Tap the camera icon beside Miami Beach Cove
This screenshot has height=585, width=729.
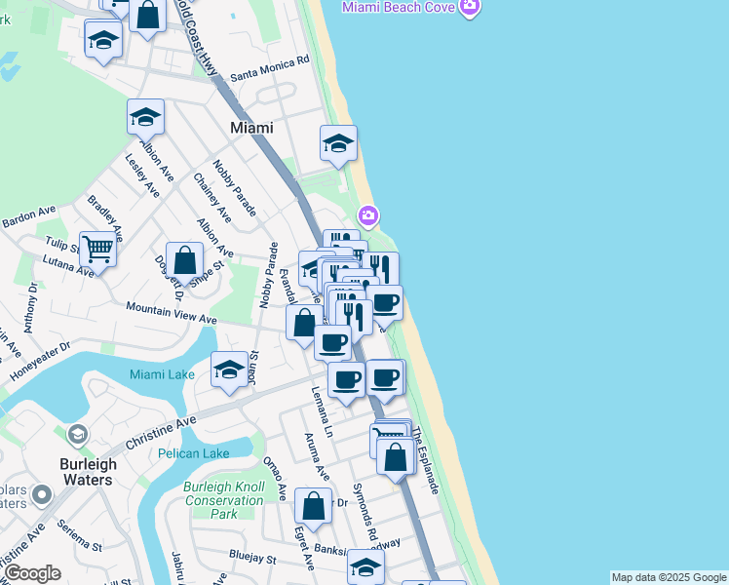click(470, 8)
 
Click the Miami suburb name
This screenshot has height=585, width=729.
click(251, 128)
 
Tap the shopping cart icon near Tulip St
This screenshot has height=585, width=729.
click(97, 249)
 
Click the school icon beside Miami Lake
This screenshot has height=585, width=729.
click(229, 370)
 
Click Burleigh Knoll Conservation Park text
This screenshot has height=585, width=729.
click(224, 500)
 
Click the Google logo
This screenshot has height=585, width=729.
click(32, 573)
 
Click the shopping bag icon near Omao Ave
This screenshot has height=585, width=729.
click(313, 506)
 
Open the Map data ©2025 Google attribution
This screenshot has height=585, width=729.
click(669, 577)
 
